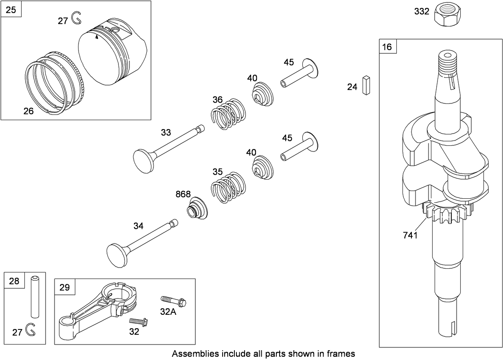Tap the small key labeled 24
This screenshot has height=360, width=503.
(x=366, y=85)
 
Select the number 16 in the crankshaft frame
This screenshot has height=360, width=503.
(x=387, y=47)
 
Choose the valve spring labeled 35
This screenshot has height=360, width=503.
(x=229, y=187)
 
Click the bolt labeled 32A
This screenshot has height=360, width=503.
(x=174, y=301)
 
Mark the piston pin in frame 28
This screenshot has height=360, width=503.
(x=35, y=296)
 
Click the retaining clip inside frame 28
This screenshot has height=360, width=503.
(x=30, y=330)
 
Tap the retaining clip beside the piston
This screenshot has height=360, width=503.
(x=76, y=18)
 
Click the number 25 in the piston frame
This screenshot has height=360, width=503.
(x=11, y=10)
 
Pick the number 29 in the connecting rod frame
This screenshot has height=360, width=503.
(x=65, y=288)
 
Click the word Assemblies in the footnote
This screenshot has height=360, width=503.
(x=192, y=353)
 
